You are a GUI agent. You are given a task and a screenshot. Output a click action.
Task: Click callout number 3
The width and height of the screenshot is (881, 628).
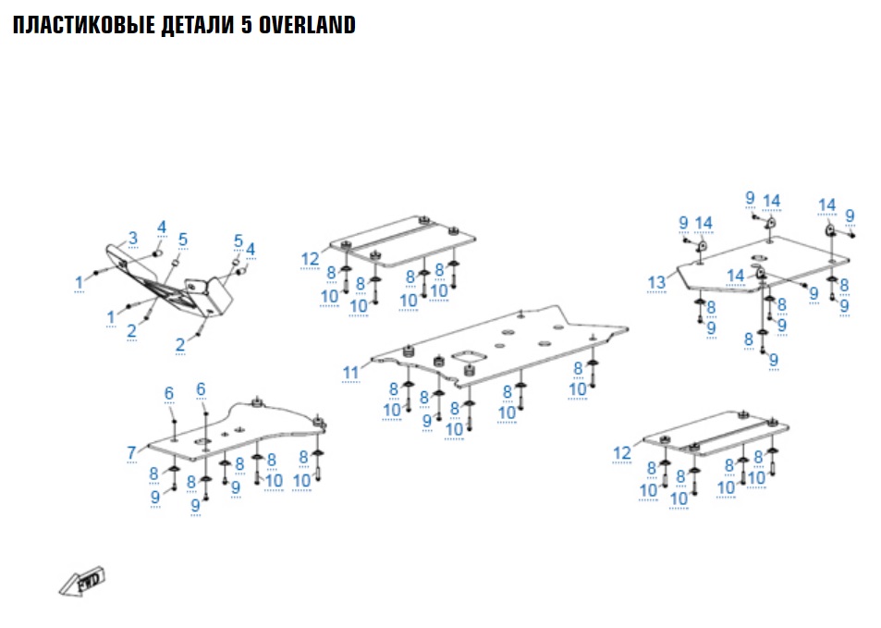coord(132,238)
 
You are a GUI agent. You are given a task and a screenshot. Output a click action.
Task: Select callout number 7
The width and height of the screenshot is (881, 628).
coord(132,451)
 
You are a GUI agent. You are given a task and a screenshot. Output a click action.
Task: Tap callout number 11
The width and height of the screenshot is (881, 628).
coord(350,373)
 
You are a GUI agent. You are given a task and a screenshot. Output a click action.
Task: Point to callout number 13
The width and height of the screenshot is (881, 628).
coord(656,281)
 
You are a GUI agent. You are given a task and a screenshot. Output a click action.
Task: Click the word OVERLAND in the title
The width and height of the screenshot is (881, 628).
coord(307,25)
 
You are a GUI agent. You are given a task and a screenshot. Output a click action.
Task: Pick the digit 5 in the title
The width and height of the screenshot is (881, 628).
coord(247,25)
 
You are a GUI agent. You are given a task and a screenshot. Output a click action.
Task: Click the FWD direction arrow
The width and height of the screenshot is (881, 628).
coord(81,582)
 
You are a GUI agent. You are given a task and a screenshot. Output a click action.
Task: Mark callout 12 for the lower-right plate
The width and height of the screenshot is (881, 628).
coord(622,452)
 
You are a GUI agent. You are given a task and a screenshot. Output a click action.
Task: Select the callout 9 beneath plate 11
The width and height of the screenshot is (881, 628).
coord(427,420)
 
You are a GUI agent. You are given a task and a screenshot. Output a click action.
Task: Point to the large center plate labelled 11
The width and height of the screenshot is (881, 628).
coord(518,347)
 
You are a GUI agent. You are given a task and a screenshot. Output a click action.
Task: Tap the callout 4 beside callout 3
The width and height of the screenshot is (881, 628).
coord(161,227)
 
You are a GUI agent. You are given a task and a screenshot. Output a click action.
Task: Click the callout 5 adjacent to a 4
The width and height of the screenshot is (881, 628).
coord(239,240)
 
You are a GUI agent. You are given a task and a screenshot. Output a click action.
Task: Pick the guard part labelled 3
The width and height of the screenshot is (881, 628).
coord(166,282)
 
